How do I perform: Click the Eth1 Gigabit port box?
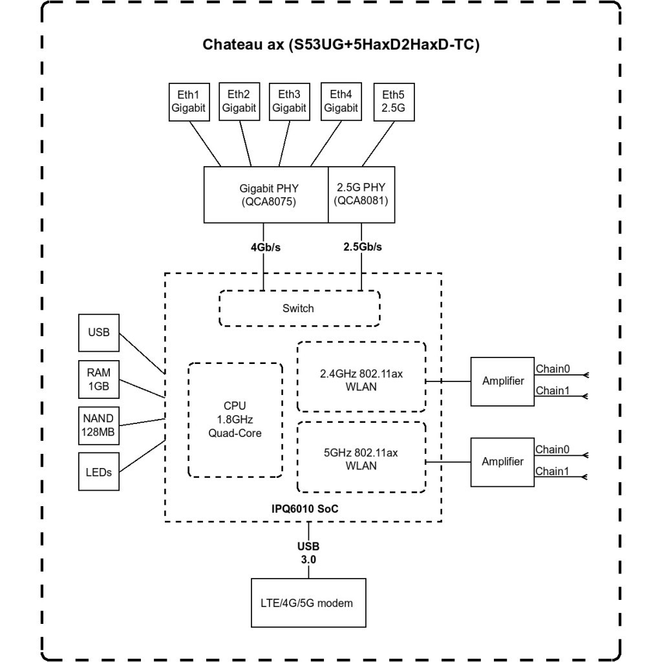click(x=188, y=101)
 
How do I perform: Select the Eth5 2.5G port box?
click(x=394, y=101)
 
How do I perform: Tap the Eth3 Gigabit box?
click(x=289, y=101)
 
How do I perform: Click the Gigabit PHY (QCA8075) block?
click(x=266, y=194)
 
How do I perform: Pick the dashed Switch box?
click(x=299, y=308)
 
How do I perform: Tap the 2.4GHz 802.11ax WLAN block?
click(x=361, y=376)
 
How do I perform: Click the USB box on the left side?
click(x=99, y=334)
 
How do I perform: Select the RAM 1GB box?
click(x=99, y=379)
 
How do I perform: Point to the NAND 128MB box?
click(x=99, y=425)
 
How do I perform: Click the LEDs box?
click(x=99, y=472)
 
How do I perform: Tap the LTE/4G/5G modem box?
click(x=308, y=603)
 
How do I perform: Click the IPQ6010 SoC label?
click(x=304, y=510)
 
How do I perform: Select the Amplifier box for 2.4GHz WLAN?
click(x=503, y=381)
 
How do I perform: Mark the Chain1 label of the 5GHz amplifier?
click(x=551, y=471)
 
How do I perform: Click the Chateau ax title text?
click(x=341, y=45)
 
